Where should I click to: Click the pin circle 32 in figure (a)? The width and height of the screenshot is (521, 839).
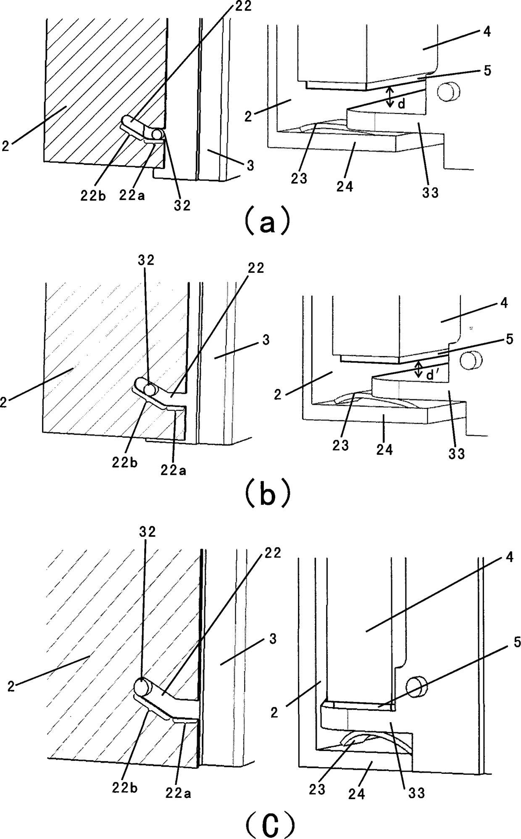pyautogui.click(x=157, y=134)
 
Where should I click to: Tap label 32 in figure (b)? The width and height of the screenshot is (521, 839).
pyautogui.click(x=146, y=260)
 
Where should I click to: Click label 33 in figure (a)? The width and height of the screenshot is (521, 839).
pyautogui.click(x=430, y=193)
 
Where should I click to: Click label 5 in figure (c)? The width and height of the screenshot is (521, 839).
pyautogui.click(x=516, y=642)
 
